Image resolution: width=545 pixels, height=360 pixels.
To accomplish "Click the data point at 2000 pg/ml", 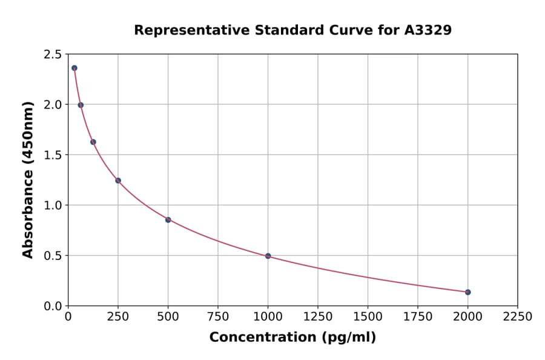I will pos(467,292).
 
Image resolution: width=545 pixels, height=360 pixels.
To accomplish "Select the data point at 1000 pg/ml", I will pos(268,256).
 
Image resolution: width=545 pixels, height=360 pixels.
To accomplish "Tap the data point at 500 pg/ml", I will pos(168,219).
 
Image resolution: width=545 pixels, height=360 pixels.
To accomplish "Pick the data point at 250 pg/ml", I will pos(118,180).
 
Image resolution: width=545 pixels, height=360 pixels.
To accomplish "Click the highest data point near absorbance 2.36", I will pos(74,68).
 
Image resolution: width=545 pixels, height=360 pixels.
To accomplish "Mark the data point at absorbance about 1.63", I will pos(93,142).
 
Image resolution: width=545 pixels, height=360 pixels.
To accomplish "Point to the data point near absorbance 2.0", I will pos(81,105).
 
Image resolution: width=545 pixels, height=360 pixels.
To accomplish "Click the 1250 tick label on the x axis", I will pos(318,316).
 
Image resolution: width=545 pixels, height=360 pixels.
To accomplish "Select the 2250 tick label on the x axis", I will pos(518,316).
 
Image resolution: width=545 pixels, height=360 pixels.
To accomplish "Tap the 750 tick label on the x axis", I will pos(218,316).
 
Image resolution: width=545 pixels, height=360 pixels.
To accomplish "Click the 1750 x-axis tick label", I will pos(418,316).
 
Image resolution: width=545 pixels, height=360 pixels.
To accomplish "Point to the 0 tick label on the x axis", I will pos(68,316).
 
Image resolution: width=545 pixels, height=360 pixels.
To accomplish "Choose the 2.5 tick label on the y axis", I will pos(53,55).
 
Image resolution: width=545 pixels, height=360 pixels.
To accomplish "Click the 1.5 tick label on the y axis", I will pos(53,155).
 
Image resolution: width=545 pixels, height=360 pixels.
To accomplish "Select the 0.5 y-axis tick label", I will pos(53,256).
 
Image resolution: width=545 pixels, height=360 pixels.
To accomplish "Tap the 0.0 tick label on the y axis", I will pos(53,306).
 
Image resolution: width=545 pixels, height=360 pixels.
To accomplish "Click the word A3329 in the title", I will pos(428,30).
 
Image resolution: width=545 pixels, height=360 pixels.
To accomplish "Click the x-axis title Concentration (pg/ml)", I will pos(292,337).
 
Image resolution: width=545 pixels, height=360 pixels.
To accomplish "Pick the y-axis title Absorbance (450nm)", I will pos(28,180).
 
